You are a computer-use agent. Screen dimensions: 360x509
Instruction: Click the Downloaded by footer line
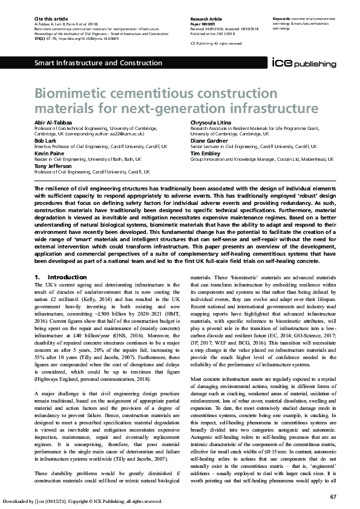coord(82,501)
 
